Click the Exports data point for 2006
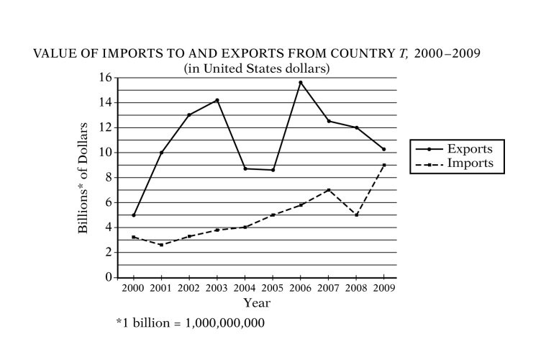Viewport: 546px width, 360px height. pos(301,83)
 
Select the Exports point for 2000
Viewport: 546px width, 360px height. pos(134,215)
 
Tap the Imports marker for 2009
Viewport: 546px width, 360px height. pos(384,165)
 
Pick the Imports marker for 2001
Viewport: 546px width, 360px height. pos(161,245)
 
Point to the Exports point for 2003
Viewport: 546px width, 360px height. pos(217,100)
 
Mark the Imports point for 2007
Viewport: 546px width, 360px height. pos(329,190)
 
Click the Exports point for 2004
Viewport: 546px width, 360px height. pos(245,168)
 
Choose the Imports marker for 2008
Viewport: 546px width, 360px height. pos(356,215)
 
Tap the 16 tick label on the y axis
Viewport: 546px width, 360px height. pos(107,78)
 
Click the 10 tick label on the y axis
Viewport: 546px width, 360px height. pos(107,153)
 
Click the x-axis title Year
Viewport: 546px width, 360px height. pos(257,303)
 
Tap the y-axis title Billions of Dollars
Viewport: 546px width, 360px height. pos(83,177)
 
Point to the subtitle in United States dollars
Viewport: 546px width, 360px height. pos(257,68)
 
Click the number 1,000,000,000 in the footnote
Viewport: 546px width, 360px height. pos(225,323)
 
